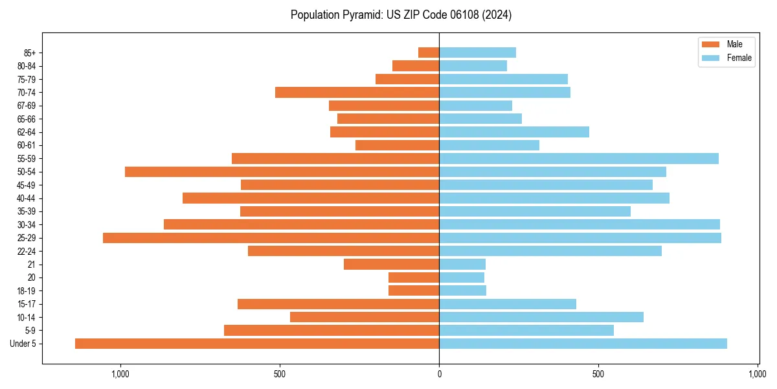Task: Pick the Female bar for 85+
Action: [477, 53]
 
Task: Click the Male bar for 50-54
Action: [282, 172]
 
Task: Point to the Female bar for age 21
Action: [462, 264]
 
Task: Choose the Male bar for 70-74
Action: [357, 92]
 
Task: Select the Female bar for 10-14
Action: [541, 317]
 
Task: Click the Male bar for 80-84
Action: [416, 65]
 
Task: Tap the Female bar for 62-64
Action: [514, 132]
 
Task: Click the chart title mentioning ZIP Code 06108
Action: [401, 15]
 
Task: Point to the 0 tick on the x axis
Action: [439, 374]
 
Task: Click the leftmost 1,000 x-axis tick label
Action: [120, 374]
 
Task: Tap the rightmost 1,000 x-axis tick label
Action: [758, 374]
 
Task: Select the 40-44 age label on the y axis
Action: [26, 198]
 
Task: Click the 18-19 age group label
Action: [26, 291]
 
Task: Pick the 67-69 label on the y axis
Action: [26, 106]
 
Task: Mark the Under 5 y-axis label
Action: [23, 344]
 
